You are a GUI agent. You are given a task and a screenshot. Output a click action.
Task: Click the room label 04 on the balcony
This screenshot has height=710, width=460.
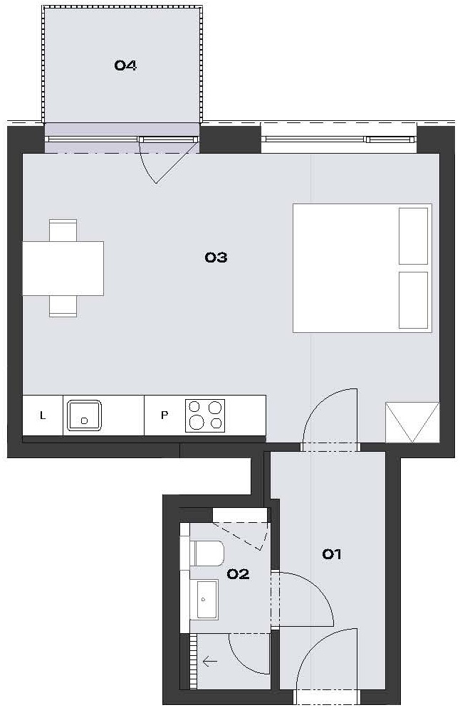pyautogui.click(x=125, y=65)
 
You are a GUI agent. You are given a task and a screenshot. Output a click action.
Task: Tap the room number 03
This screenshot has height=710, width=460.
pyautogui.click(x=216, y=258)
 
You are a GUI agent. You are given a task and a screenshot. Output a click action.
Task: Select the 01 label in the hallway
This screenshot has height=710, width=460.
pyautogui.click(x=331, y=553)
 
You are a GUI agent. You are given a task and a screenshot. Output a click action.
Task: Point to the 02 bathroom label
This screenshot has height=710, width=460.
pyautogui.click(x=238, y=574)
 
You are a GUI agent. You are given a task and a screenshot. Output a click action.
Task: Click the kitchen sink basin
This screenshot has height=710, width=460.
pyautogui.click(x=84, y=415)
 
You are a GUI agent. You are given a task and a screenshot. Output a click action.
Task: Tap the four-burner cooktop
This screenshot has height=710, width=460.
pyautogui.click(x=205, y=415)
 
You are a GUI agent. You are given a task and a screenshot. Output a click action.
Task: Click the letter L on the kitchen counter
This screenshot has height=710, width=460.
pyautogui.click(x=43, y=415)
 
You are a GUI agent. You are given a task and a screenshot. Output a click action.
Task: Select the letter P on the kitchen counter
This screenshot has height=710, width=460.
pyautogui.click(x=164, y=415)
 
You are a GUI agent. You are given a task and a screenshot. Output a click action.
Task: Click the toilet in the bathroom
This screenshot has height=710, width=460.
pyautogui.click(x=207, y=553)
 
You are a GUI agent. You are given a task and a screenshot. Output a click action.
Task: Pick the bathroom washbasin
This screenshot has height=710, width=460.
pyautogui.click(x=207, y=600)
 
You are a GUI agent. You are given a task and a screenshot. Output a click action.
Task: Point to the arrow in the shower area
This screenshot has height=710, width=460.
pyautogui.click(x=210, y=662)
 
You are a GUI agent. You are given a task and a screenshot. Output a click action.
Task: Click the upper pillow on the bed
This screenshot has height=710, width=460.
pyautogui.click(x=413, y=236)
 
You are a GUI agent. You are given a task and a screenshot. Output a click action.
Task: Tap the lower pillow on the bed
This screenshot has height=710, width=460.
pyautogui.click(x=413, y=300)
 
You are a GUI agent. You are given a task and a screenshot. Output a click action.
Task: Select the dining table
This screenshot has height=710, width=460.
pyautogui.click(x=63, y=268)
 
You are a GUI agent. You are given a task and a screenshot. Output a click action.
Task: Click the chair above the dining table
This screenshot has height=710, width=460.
pyautogui.click(x=63, y=231)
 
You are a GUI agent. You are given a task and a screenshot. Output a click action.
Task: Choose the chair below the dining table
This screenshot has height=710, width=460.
pyautogui.click(x=63, y=306)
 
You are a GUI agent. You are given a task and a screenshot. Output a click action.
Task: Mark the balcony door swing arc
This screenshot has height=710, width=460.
pyautogui.click(x=144, y=167)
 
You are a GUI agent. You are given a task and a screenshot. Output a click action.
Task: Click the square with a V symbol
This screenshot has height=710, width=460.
pyautogui.click(x=412, y=423)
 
